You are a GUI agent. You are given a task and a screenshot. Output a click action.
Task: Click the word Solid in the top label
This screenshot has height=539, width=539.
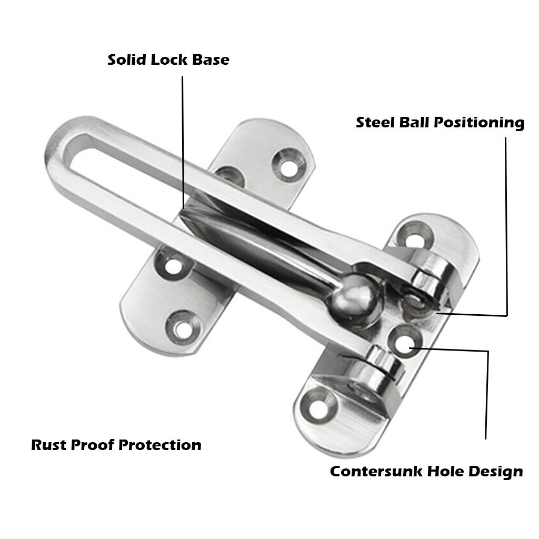click(127, 59)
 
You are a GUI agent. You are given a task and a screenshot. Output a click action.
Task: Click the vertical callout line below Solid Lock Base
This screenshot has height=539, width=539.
click(183, 142)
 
